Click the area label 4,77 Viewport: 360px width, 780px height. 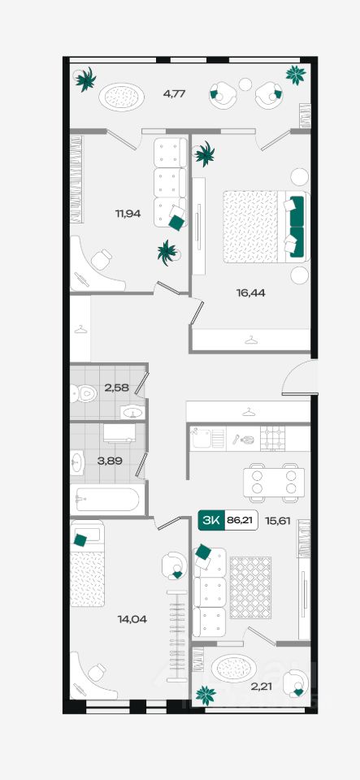[174, 93]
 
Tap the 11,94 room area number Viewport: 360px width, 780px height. [128, 214]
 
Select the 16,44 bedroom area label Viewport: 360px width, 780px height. [250, 293]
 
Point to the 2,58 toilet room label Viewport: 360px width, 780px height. [117, 388]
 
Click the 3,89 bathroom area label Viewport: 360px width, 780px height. [110, 461]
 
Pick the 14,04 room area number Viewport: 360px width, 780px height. [132, 619]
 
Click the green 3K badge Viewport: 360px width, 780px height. [211, 520]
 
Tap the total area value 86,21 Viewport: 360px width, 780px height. [241, 520]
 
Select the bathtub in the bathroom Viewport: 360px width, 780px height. [107, 500]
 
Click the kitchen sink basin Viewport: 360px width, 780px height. [202, 438]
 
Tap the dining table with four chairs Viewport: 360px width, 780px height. [274, 482]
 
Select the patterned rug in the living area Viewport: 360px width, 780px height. [250, 587]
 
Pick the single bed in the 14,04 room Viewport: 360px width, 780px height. [88, 563]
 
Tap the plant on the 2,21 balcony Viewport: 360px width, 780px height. [206, 695]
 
